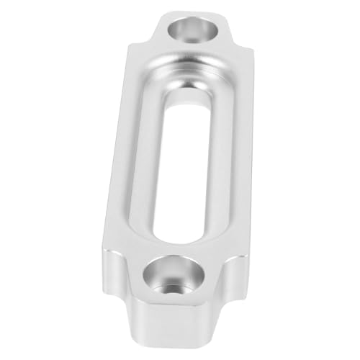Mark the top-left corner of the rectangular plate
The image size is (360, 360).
pos(130,47)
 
